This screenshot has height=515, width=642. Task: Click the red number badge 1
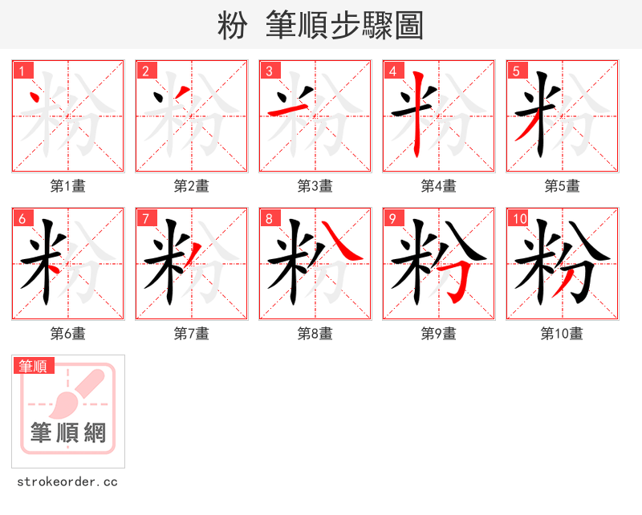click(x=22, y=71)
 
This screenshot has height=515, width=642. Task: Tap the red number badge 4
click(x=393, y=71)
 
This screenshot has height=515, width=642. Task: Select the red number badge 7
click(x=146, y=219)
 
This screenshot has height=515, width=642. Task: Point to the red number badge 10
click(x=519, y=219)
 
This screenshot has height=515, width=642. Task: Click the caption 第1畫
click(x=68, y=186)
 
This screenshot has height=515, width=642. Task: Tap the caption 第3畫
click(x=315, y=186)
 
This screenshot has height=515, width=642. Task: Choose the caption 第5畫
click(x=563, y=186)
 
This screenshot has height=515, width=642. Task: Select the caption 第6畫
click(x=68, y=334)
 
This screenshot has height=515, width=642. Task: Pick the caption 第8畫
click(x=315, y=334)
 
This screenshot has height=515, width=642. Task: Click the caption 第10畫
click(x=563, y=334)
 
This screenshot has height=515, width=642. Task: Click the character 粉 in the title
click(x=232, y=26)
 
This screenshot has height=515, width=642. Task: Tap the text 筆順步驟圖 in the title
click(x=339, y=26)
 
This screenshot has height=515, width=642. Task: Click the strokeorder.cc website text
click(x=68, y=483)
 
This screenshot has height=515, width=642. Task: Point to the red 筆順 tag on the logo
click(x=34, y=367)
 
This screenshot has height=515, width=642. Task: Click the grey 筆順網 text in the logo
click(x=68, y=434)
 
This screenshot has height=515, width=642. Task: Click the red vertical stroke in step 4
click(x=417, y=120)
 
